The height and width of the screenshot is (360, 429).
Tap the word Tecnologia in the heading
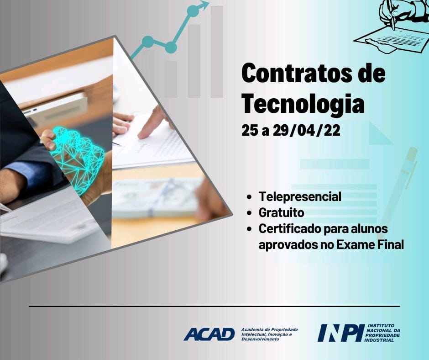coord(303,104)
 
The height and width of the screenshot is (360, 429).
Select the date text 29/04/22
coord(307,130)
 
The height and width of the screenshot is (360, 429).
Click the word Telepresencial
coord(300,196)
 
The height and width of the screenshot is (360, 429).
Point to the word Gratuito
coord(281,212)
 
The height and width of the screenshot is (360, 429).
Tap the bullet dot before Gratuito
coord(249,213)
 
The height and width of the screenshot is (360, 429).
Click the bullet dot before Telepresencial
coord(249,197)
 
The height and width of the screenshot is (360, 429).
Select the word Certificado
coord(290,228)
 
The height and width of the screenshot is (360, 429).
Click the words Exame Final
coord(370,244)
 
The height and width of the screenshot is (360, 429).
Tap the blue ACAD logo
coord(209,334)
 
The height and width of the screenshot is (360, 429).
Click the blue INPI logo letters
coord(341,333)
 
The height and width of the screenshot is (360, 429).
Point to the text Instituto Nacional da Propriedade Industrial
coord(383,333)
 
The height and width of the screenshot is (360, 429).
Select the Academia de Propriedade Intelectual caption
coord(269,334)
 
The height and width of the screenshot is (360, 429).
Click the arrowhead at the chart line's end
coord(204,5)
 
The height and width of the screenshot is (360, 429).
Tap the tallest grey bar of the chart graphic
coord(217,52)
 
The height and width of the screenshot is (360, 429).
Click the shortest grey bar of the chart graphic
coord(171,79)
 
